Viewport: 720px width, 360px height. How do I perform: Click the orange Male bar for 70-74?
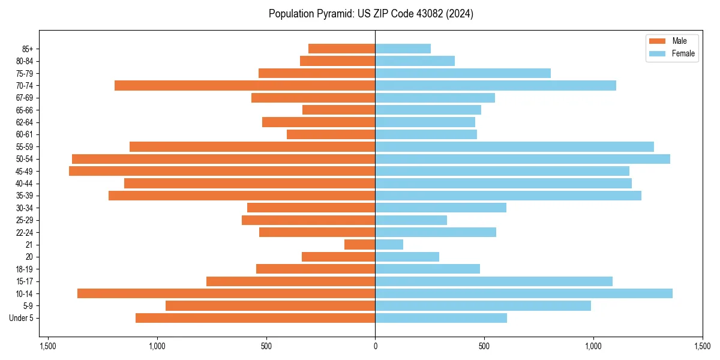(245, 86)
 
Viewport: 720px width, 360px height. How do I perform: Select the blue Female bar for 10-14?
(524, 293)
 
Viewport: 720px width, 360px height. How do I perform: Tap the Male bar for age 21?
(359, 245)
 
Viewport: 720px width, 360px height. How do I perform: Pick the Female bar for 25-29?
(411, 220)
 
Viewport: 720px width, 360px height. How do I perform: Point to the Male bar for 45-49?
(222, 171)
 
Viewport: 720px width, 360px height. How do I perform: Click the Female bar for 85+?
(403, 49)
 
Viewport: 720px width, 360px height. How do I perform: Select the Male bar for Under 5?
(255, 318)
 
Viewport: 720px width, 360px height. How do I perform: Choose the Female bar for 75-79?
(463, 73)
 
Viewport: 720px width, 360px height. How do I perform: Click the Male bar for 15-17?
(290, 281)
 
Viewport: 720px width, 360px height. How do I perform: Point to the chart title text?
(371, 14)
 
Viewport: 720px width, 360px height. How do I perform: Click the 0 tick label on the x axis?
(375, 346)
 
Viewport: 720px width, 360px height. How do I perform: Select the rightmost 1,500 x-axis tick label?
(702, 346)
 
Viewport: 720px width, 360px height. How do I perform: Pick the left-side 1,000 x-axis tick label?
(157, 346)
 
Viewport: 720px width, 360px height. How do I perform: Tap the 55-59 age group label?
(23, 147)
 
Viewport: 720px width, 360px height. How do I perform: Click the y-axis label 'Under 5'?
(21, 318)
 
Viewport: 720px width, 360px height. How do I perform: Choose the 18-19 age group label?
(23, 269)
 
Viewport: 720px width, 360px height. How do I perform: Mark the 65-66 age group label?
(23, 110)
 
